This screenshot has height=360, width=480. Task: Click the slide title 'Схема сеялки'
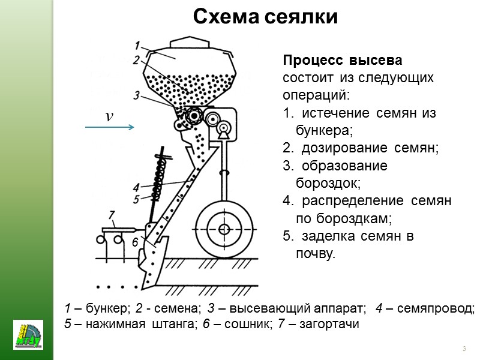[265, 17]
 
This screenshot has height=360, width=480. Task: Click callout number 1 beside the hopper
[137, 45]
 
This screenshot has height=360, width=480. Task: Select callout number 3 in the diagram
[137, 95]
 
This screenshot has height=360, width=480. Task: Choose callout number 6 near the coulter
[136, 241]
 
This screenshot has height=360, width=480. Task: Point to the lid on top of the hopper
[188, 43]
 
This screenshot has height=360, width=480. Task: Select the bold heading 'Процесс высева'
[343, 62]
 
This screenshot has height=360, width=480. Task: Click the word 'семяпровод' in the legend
[442, 309]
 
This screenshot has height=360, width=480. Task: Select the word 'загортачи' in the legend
[335, 325]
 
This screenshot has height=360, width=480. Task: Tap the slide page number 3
[464, 349]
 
